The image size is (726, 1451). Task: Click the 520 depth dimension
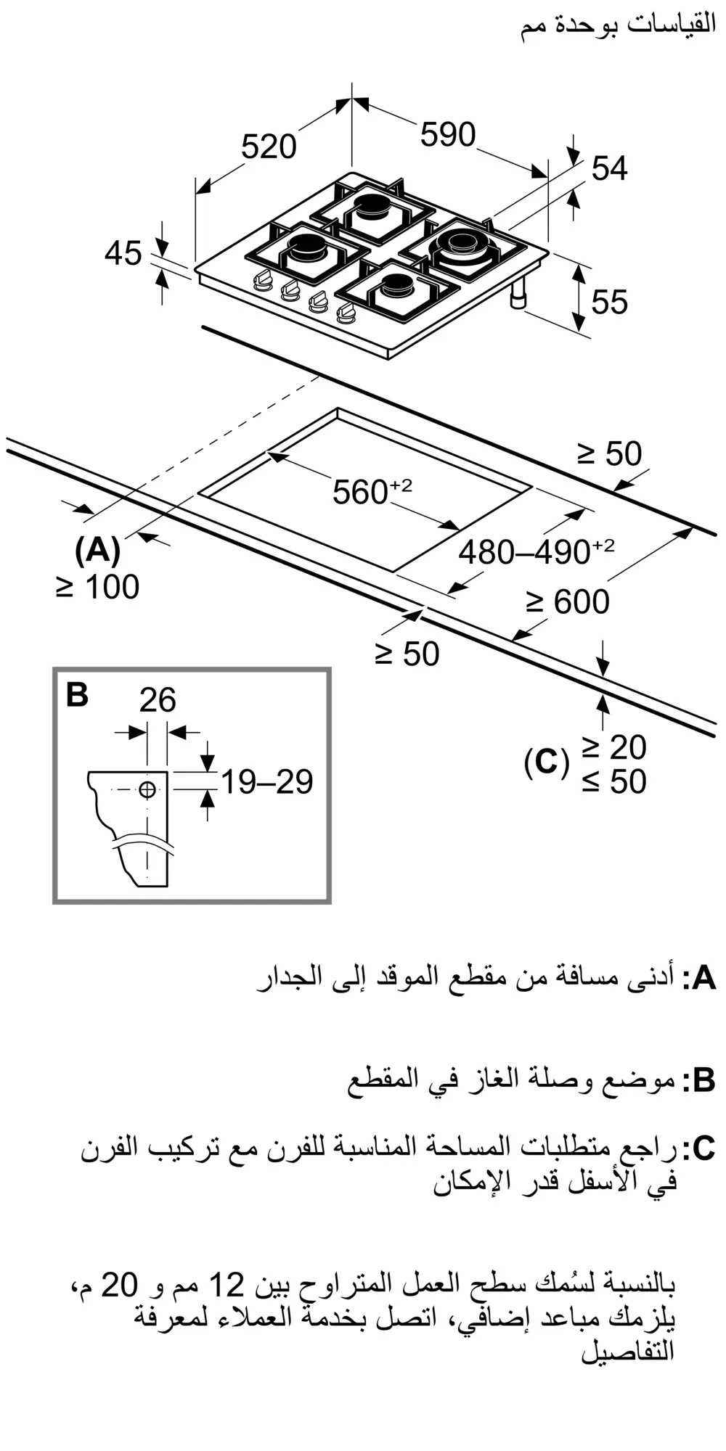point(269,147)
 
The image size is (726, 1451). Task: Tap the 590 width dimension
point(448,135)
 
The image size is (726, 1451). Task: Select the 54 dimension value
point(609,168)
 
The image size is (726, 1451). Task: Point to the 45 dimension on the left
point(123,254)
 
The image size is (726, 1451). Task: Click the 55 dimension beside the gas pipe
point(609,302)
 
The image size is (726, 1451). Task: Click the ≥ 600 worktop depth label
point(568,602)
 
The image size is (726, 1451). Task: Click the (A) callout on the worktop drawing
point(97,550)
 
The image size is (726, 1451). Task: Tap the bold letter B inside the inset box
point(77,694)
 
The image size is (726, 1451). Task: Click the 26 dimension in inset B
point(158,700)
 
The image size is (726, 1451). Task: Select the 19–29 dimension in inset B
point(266,781)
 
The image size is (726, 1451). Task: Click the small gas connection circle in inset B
point(147,790)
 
